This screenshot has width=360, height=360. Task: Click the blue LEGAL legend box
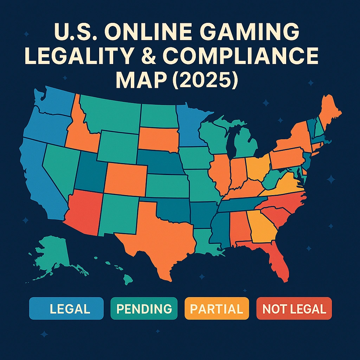click(66, 308)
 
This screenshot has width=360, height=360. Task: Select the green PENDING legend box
click(144, 308)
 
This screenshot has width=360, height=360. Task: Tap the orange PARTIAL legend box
click(216, 308)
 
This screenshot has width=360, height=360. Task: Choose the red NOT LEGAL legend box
click(294, 308)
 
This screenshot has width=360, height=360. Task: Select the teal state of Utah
click(90, 172)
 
